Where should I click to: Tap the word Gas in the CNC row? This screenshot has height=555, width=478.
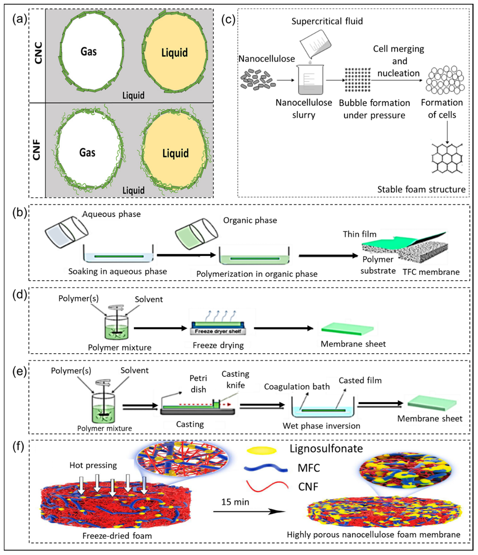coord(89,51)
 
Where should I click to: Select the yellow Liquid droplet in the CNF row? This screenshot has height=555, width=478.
coord(175,153)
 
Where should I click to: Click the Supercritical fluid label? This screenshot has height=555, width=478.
coord(327,21)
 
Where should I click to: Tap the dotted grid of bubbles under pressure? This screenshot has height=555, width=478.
coord(358,80)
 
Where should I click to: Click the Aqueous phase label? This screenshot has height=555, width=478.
coord(111,214)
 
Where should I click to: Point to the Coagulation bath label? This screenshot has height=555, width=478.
coord(297,387)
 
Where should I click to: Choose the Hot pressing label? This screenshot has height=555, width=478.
coord(93,465)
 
